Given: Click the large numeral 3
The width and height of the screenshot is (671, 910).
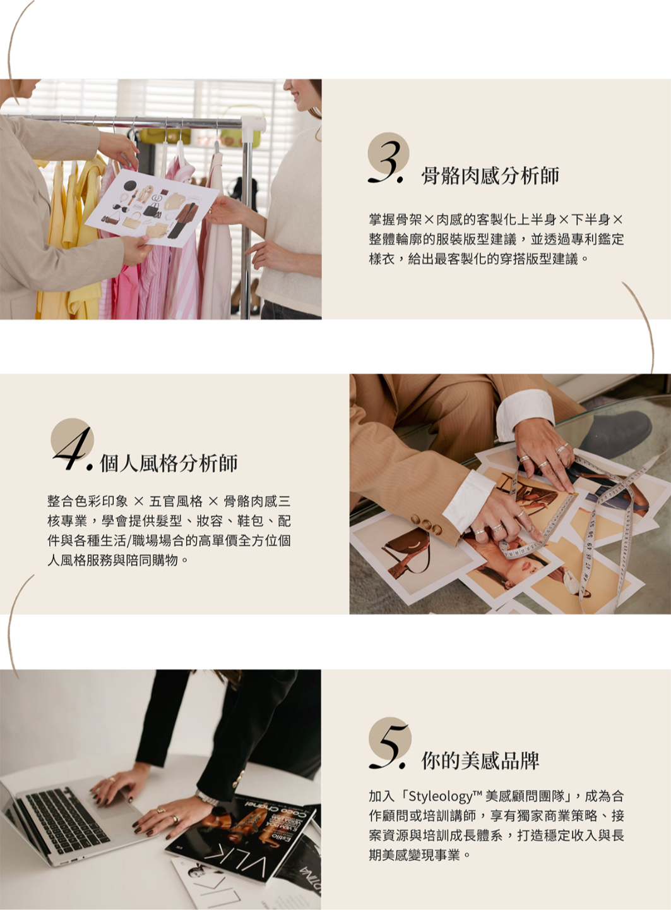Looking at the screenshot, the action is tap(386, 162).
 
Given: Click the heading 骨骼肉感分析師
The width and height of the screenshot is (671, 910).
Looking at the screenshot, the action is tap(490, 176).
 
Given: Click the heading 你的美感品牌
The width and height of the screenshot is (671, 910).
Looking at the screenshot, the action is tap(480, 761).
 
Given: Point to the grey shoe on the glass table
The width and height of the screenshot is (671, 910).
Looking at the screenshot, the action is tap(615, 434).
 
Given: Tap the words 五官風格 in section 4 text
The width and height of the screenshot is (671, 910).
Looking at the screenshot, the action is tap(176, 501).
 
